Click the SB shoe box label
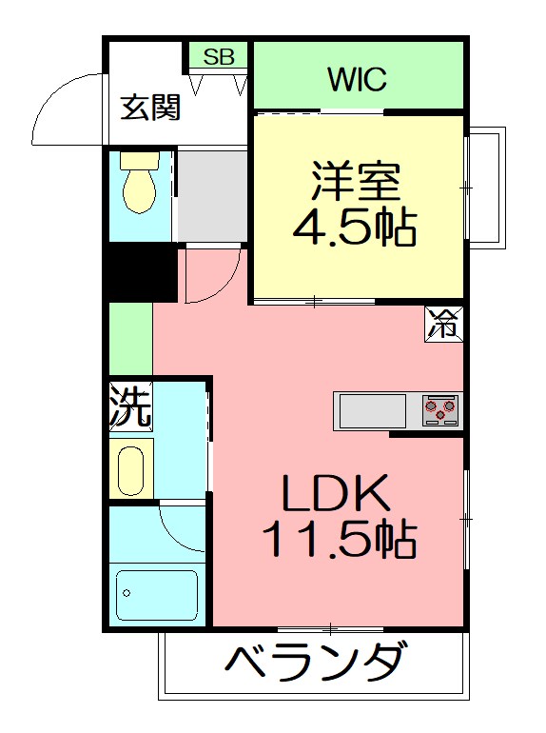219,56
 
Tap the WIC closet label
358,79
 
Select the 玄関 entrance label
150,108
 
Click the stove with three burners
440,410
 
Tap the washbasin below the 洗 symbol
130,467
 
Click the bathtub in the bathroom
156,594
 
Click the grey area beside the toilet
211,195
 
